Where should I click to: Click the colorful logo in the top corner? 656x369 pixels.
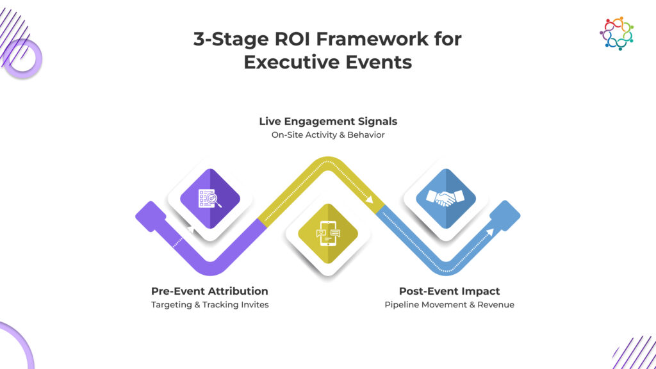616,33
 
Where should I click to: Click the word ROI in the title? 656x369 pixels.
292,39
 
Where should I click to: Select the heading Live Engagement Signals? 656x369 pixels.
328,121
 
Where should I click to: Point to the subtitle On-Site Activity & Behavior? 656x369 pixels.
328,135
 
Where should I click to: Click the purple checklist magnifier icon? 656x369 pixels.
210,199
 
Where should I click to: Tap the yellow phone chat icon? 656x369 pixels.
328,233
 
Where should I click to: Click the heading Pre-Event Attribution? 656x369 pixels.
209,291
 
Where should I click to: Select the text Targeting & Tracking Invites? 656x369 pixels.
210,304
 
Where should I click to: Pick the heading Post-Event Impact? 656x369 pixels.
449,291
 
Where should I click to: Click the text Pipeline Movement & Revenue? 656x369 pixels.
449,304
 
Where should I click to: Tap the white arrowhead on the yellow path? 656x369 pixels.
369,199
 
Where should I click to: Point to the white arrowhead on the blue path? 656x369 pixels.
490,232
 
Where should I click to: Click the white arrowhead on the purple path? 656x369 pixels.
191,229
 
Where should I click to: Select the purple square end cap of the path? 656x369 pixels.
151,217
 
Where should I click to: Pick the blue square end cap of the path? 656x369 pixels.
505,216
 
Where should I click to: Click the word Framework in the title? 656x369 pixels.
372,39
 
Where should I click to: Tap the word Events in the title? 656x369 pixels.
374,62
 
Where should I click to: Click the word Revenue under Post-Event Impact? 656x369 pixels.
496,304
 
